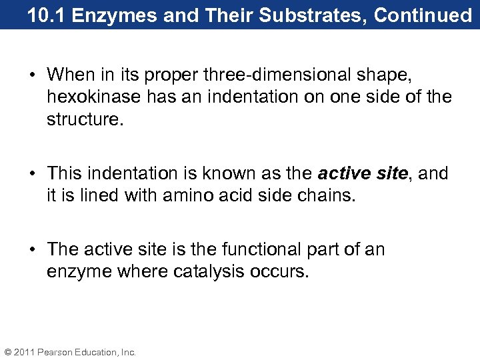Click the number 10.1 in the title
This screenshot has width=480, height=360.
coord(47,15)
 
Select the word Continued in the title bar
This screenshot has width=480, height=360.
coord(423,15)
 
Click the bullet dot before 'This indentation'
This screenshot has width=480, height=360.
coord(33,174)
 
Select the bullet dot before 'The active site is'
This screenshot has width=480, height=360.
coord(33,250)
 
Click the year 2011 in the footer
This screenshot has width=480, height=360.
coord(24,352)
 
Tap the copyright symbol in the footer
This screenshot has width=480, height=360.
coord(7,352)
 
